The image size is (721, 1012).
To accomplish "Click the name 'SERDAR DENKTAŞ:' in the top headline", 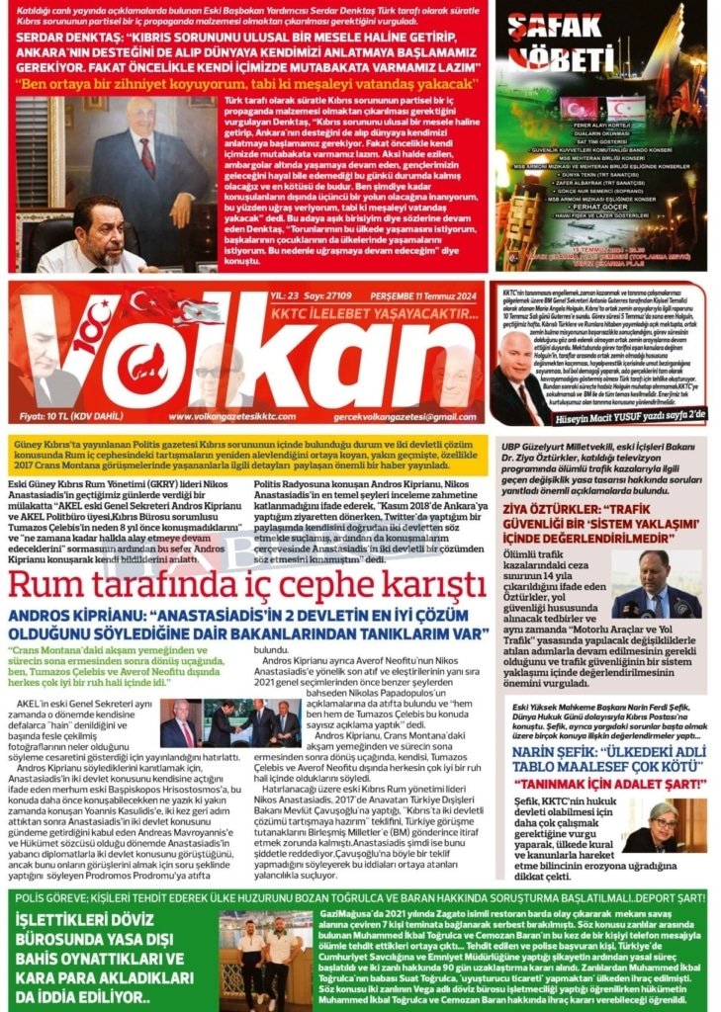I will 74,37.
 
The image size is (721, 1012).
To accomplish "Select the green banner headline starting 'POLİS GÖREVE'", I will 360,897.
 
